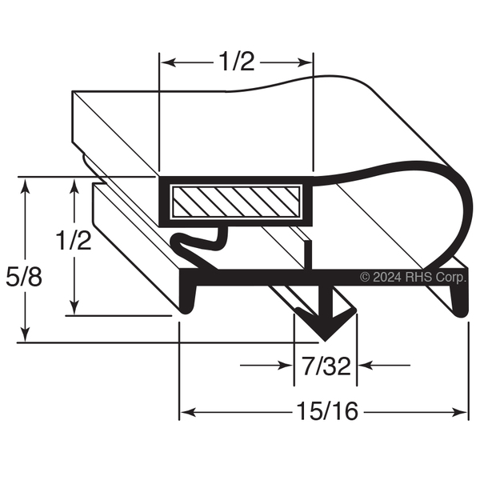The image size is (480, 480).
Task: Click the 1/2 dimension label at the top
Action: pyautogui.click(x=238, y=62)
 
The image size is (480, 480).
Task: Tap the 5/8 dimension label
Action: pyautogui.click(x=24, y=277)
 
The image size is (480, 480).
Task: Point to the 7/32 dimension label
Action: pyautogui.click(x=326, y=366)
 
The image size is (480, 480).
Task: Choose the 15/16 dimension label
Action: pyautogui.click(x=327, y=411)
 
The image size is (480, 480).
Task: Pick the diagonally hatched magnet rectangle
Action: pyautogui.click(x=236, y=201)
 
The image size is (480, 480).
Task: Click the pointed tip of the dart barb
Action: pyautogui.click(x=325, y=340)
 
